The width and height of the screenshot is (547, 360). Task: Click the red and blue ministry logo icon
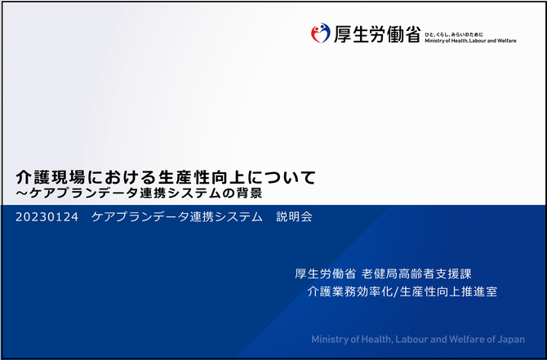[320, 33]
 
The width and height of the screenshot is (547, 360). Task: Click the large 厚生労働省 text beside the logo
[377, 34]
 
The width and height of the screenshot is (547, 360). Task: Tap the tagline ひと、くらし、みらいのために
[454, 34]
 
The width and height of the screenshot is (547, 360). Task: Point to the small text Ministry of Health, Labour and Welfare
[470, 41]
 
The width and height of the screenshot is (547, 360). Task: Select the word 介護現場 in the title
[51, 177]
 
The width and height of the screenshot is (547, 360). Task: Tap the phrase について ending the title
[282, 177]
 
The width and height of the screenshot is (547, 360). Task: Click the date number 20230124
[47, 217]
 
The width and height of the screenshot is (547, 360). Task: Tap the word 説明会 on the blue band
[294, 216]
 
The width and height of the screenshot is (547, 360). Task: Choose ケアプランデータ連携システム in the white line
[177, 216]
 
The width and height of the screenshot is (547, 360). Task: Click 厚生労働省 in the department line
[325, 273]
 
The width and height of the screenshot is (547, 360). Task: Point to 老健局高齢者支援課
[416, 273]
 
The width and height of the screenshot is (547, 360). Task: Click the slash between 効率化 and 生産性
[396, 291]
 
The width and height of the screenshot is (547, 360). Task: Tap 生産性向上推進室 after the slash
[448, 291]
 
